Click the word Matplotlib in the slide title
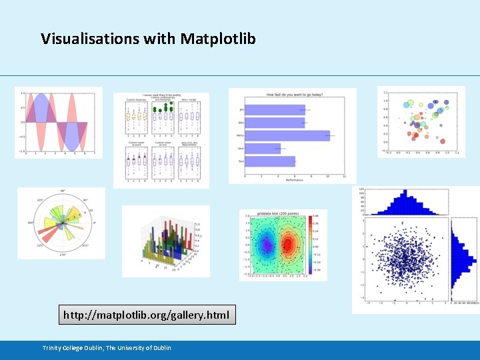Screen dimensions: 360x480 [218, 39]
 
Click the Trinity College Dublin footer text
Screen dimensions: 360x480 [107, 348]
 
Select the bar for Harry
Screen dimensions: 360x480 [287, 135]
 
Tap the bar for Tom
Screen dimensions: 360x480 [270, 161]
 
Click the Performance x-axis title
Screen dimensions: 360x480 [294, 180]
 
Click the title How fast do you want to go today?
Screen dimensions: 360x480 [294, 95]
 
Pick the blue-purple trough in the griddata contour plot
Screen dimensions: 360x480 [267, 245]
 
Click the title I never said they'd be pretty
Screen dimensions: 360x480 [161, 95]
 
